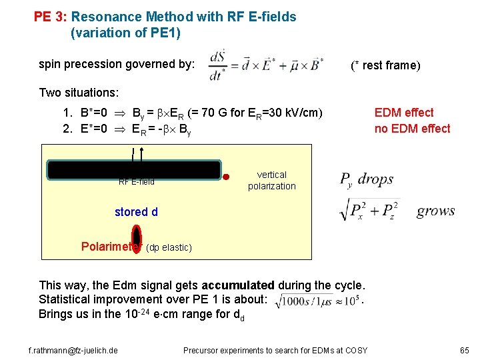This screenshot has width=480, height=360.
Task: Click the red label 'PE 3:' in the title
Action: point(51,17)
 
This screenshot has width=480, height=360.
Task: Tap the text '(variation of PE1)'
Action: point(125,32)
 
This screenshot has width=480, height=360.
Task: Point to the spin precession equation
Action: point(267,65)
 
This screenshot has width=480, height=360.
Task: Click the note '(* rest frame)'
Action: point(386,65)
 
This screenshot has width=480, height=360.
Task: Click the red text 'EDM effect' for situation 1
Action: point(404,113)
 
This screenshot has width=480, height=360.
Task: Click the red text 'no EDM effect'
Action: point(412,129)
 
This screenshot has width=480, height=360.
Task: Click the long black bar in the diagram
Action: point(133,170)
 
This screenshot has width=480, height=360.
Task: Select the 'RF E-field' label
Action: point(137,182)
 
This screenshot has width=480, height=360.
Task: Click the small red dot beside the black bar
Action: point(227,177)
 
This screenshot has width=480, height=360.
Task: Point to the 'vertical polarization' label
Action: point(271,180)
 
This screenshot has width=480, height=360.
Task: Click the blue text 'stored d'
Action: point(136,212)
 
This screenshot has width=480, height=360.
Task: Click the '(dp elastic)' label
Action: point(169,248)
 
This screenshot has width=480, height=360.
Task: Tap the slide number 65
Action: point(464,350)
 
